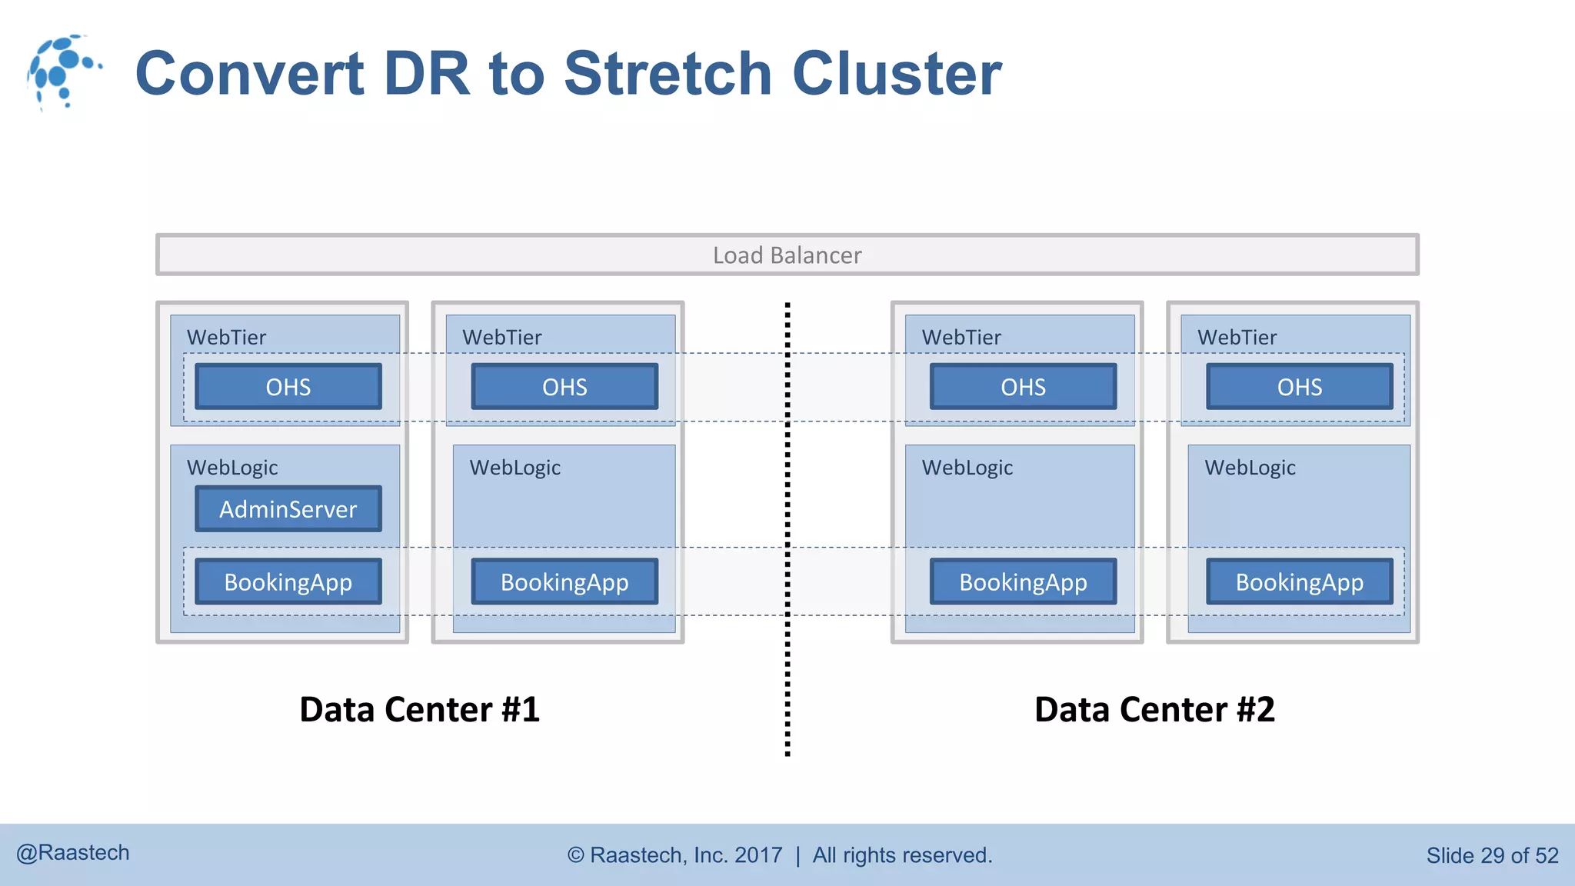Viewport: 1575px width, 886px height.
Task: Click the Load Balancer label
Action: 787,255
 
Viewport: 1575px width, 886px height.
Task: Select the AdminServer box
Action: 288,509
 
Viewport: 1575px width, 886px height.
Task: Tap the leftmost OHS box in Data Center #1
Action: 288,387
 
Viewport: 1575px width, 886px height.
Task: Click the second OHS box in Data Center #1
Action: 564,387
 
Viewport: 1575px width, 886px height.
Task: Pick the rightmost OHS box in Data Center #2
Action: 1300,387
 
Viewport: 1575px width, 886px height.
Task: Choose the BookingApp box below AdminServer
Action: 288,582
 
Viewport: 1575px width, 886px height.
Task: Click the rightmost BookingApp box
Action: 1300,582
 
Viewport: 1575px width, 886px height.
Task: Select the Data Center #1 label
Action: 420,709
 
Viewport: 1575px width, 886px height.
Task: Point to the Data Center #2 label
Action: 1154,709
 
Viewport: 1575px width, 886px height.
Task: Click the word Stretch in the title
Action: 668,74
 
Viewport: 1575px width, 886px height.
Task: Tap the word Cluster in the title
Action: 897,74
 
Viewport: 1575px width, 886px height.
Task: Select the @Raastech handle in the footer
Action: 73,853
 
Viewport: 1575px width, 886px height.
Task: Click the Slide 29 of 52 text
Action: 1492,855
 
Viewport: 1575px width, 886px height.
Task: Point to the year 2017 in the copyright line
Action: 758,855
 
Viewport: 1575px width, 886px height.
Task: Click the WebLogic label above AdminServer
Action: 232,468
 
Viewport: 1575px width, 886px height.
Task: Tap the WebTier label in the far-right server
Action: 1237,337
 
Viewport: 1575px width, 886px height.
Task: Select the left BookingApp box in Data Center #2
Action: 1023,582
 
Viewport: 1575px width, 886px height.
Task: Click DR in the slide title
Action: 426,74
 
